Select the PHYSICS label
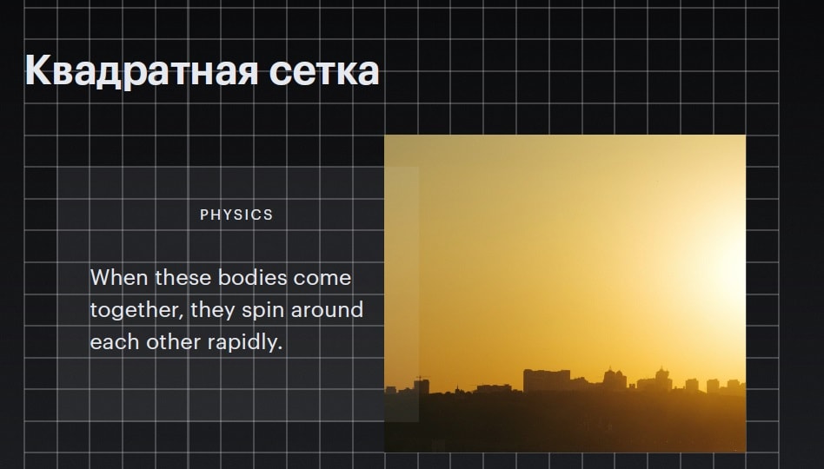coord(236,215)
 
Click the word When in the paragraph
coord(119,277)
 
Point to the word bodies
coord(252,277)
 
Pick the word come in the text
coord(322,278)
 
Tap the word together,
coord(137,310)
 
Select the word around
coord(327,310)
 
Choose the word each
coord(115,342)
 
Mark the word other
coord(174,342)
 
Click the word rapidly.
coord(245,343)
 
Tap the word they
coord(213,310)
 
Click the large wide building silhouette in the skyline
coord(547,380)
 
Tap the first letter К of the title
coord(38,69)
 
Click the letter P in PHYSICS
coord(204,215)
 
